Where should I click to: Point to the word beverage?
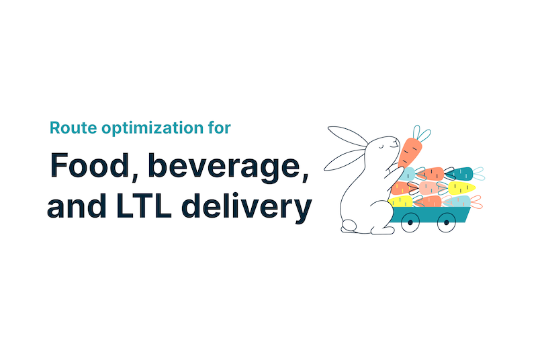[x=228, y=167]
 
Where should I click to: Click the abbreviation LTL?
[x=144, y=205]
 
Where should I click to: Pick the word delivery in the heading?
[x=246, y=207]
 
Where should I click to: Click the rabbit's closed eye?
[x=381, y=147]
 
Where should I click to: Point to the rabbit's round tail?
[x=349, y=226]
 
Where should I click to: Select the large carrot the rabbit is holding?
[x=410, y=152]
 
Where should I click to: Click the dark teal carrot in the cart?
[x=459, y=174]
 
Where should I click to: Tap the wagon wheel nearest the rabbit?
[x=410, y=223]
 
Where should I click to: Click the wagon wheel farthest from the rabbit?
[x=447, y=223]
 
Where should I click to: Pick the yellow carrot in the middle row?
[x=461, y=188]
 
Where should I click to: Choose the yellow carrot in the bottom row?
[x=400, y=201]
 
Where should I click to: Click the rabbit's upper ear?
[x=348, y=136]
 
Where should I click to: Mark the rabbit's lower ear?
[x=344, y=160]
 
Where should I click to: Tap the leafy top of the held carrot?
[x=421, y=133]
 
